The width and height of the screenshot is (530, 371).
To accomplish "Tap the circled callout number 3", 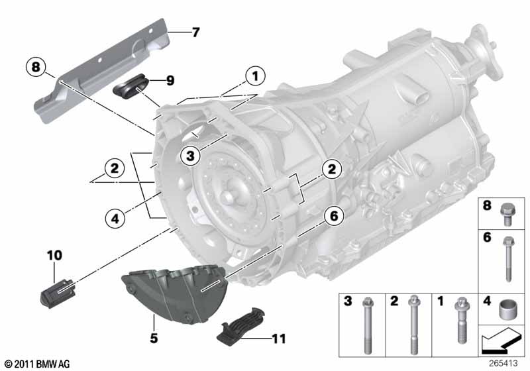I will click(189, 156).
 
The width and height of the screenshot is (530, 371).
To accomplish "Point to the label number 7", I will click(195, 32).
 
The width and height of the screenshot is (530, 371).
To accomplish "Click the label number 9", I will click(170, 81).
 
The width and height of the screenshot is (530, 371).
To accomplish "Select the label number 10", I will click(54, 254).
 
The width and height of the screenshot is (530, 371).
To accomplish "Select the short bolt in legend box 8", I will click(509, 211).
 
